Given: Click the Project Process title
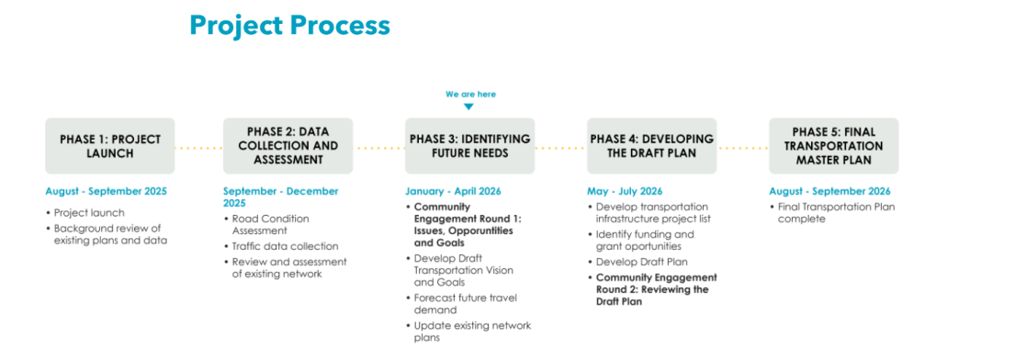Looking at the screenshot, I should coord(289,26).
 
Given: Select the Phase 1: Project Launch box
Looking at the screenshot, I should coord(110,146).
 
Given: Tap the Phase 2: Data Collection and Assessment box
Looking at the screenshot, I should coord(287,146).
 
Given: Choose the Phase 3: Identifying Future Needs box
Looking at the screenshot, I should coord(469,146).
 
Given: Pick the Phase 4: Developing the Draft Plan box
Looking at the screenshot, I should coord(651,146).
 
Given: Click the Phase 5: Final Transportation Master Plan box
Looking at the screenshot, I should coord(833,146).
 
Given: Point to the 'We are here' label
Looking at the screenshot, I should coord(470,94).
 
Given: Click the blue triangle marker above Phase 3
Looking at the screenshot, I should coord(469,107).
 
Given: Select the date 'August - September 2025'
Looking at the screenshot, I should coord(107,192).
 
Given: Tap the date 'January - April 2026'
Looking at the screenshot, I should coord(454,192).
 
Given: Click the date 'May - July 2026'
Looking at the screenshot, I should coord(624,192).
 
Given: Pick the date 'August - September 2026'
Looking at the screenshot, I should coord(829,192).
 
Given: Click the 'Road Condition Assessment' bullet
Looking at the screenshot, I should coord(270,225).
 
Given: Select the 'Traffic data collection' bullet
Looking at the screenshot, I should coord(285,246).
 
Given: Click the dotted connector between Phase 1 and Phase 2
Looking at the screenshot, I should coord(198,147).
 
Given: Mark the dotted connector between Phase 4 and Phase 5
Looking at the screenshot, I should coord(742,147).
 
